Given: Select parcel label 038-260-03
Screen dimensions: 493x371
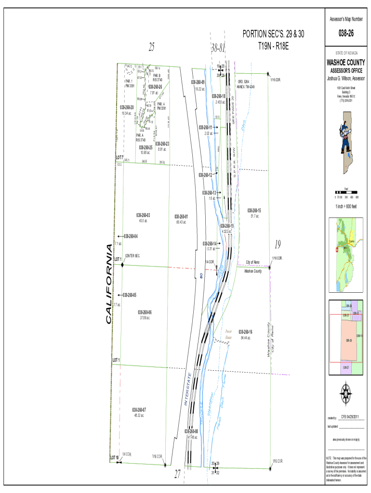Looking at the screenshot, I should coord(143,215).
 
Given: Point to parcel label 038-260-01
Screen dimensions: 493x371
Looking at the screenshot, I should coord(181,217).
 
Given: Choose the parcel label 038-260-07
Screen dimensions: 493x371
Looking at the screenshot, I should coord(137,410).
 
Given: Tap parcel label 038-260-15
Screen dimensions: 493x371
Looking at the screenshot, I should coord(254,211).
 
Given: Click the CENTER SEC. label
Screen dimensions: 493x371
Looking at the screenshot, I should coord(132,256).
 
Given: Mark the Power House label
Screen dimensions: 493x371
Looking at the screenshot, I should coord(228,335).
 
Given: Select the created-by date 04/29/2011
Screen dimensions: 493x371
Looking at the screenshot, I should coord(353,416).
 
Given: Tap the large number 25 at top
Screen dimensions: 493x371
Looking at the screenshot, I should coord(152,47).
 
